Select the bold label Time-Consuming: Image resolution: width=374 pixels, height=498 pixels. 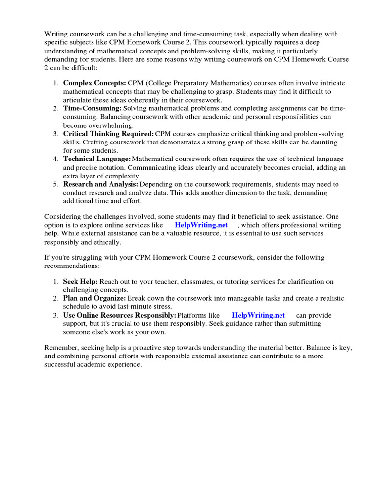pos(93,108)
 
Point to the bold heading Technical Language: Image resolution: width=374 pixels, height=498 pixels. pos(97,159)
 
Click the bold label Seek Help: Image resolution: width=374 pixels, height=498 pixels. pos(81,282)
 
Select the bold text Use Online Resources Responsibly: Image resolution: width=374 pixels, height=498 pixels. pos(119,315)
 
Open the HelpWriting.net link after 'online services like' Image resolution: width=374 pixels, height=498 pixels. pos(201,225)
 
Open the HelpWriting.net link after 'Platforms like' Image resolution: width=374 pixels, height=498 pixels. pos(258,315)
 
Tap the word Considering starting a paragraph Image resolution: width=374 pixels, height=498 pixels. pos(63,216)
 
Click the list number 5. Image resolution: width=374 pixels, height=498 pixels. pos(56,184)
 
